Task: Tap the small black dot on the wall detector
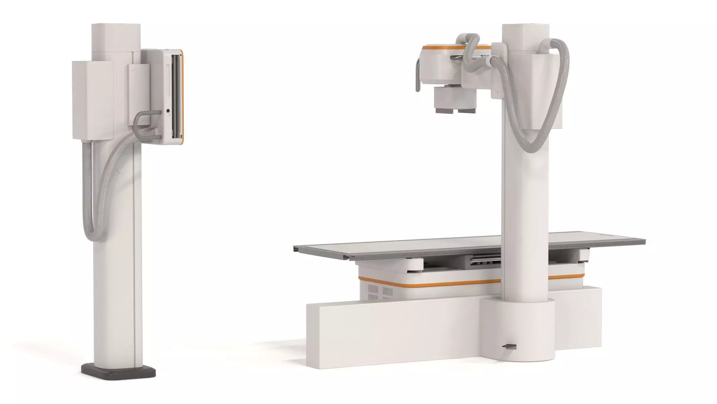(168, 110)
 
